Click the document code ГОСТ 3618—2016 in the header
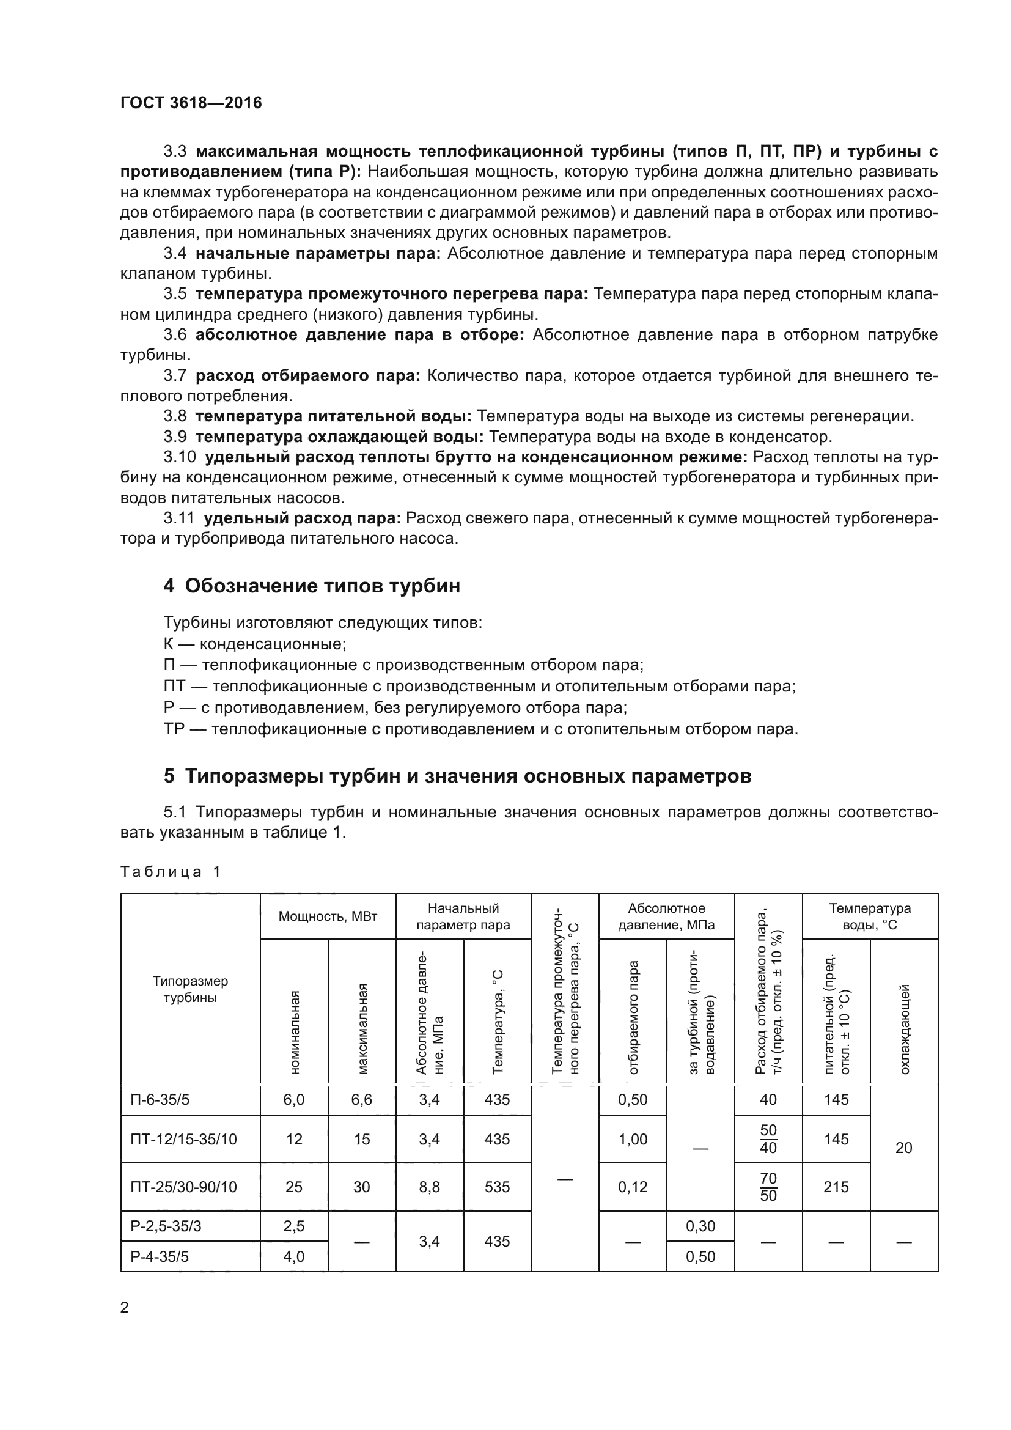pos(191,103)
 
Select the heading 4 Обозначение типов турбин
pos(312,586)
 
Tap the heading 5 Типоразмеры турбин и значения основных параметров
pos(458,776)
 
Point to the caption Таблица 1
pos(170,871)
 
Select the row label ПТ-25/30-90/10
pos(183,1187)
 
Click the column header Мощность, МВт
pos(328,916)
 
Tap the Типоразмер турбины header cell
pos(190,989)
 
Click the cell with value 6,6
pos(362,1099)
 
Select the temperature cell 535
pos(497,1187)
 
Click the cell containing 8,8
pos(430,1187)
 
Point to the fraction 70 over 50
pos(768,1187)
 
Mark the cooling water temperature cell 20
pos(903,1147)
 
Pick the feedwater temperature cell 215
pos(836,1187)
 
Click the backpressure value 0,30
pos(700,1226)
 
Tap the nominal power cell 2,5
pos(294,1226)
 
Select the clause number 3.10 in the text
pos(180,457)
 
